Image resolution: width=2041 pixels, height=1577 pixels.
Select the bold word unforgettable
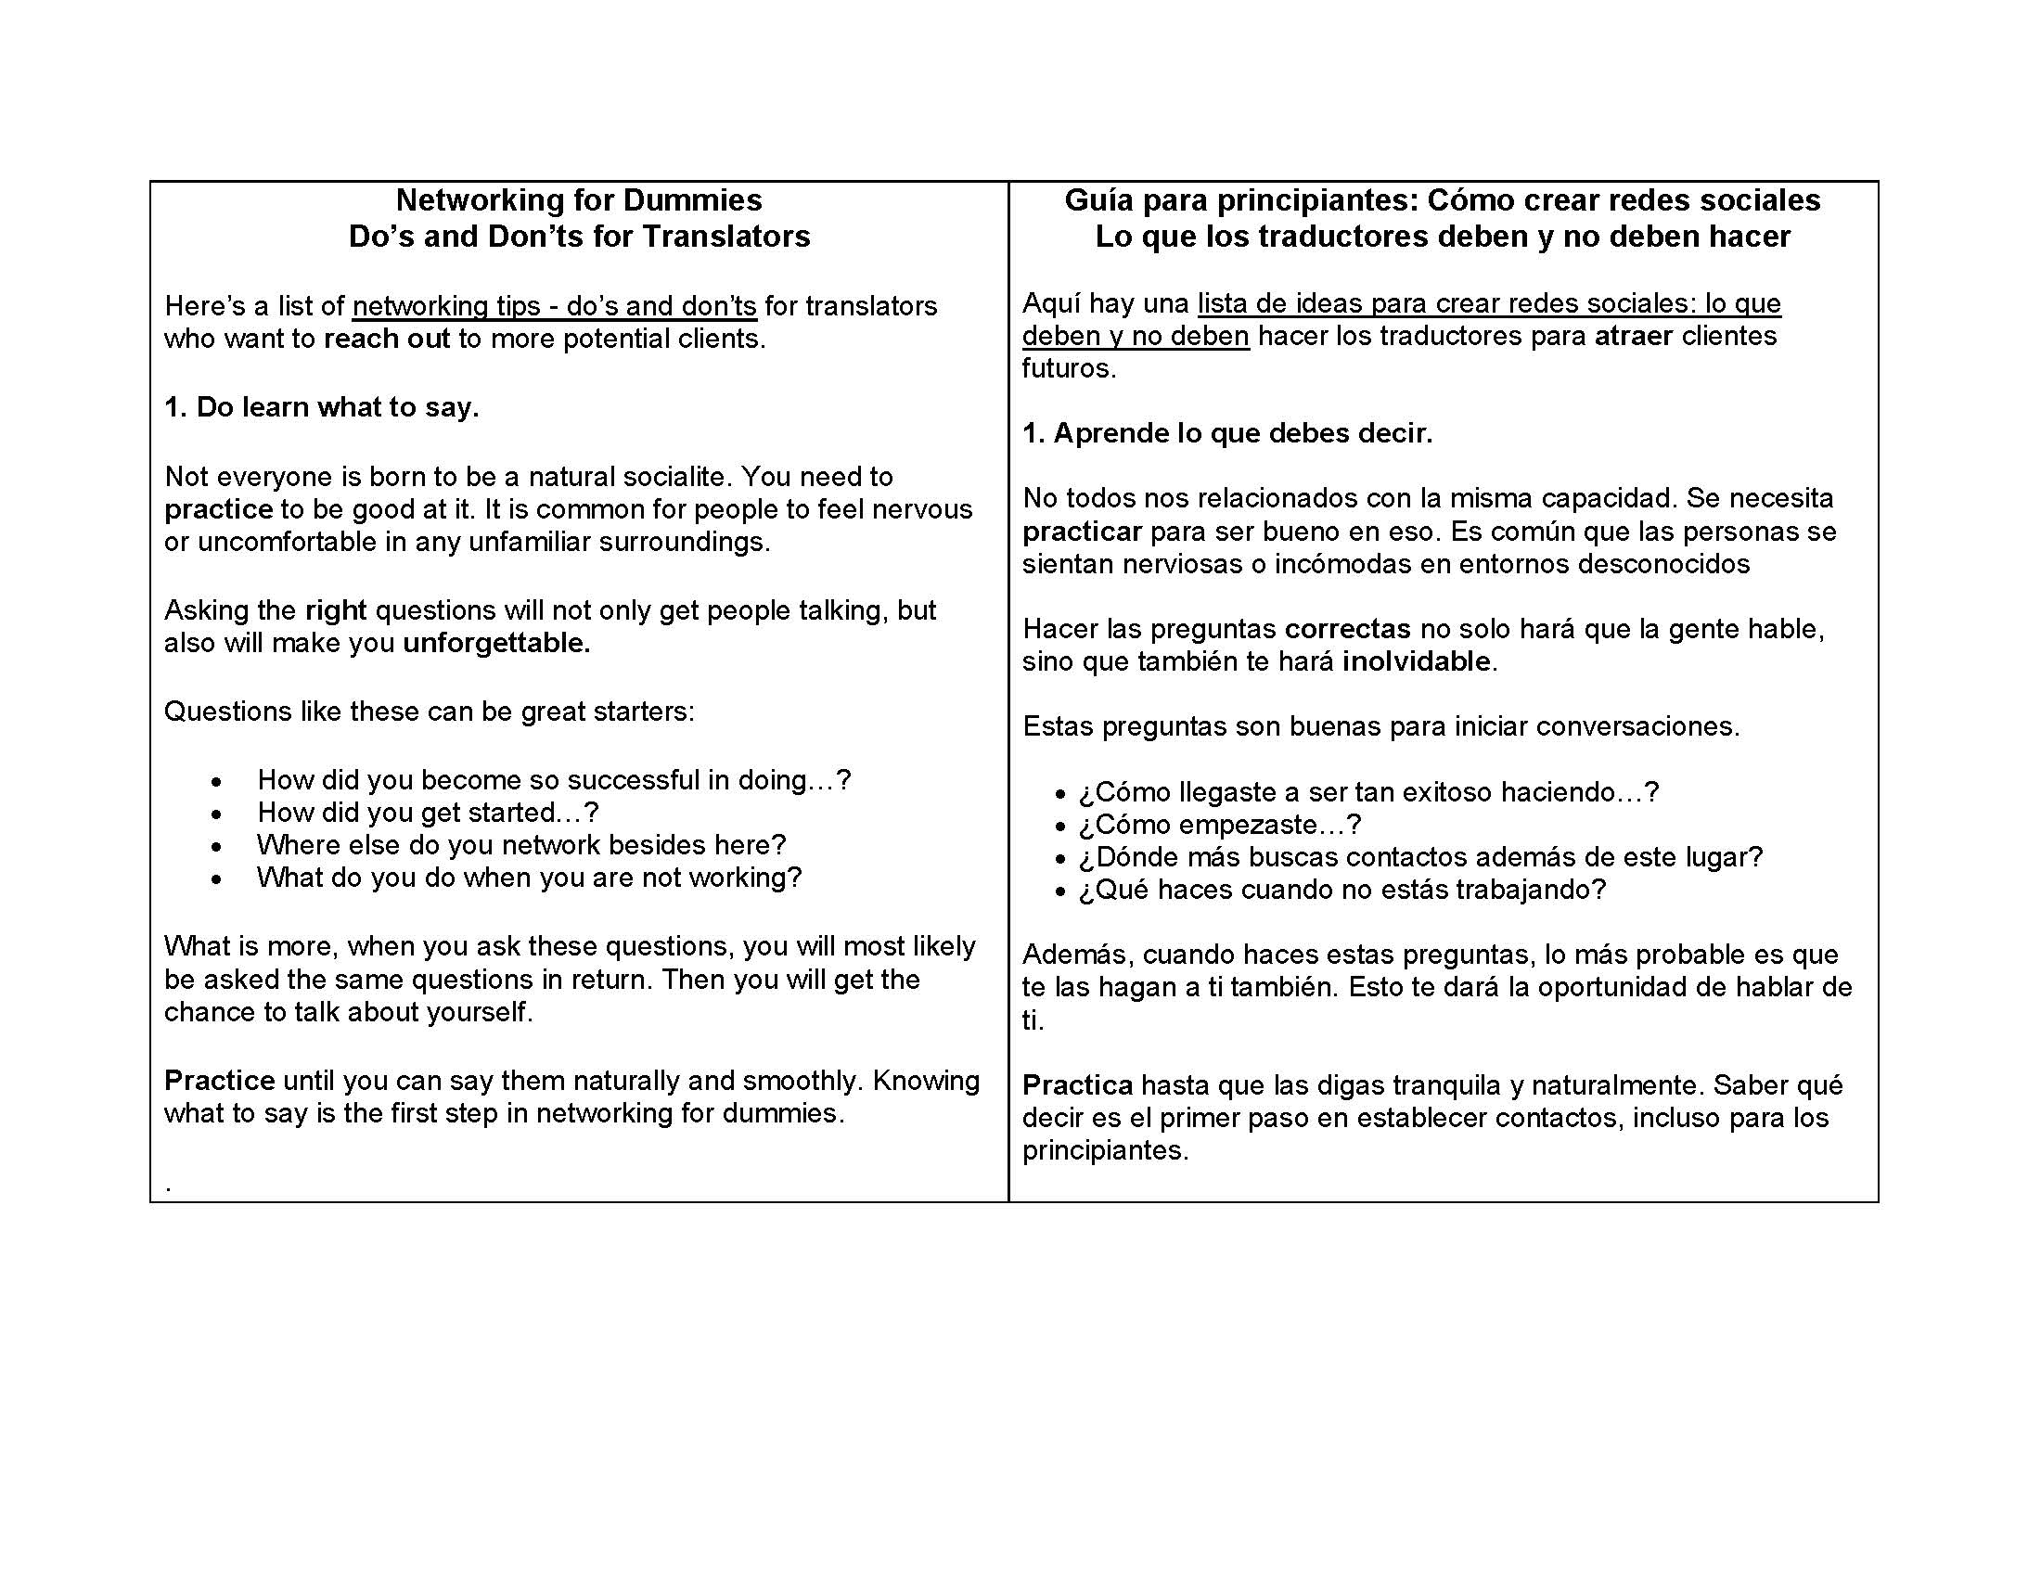click(x=495, y=643)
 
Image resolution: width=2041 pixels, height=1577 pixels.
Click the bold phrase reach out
click(x=387, y=339)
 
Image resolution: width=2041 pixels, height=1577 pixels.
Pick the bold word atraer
click(x=1633, y=336)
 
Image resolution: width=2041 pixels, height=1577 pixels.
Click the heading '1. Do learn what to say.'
click(x=322, y=407)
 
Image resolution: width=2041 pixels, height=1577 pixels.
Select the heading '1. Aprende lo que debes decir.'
click(x=1227, y=433)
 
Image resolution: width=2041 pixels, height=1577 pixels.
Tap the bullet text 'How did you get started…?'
click(x=428, y=813)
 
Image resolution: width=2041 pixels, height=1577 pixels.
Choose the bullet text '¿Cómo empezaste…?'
click(x=1220, y=825)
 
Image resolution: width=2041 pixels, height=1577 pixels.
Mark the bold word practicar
click(x=1081, y=532)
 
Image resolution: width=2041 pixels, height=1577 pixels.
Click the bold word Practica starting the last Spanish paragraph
click(x=1077, y=1085)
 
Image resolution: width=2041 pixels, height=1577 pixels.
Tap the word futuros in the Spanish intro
click(x=1068, y=368)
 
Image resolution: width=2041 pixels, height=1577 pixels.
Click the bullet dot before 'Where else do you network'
click(x=217, y=846)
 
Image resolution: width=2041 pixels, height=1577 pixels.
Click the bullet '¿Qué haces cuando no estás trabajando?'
click(x=1342, y=890)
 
